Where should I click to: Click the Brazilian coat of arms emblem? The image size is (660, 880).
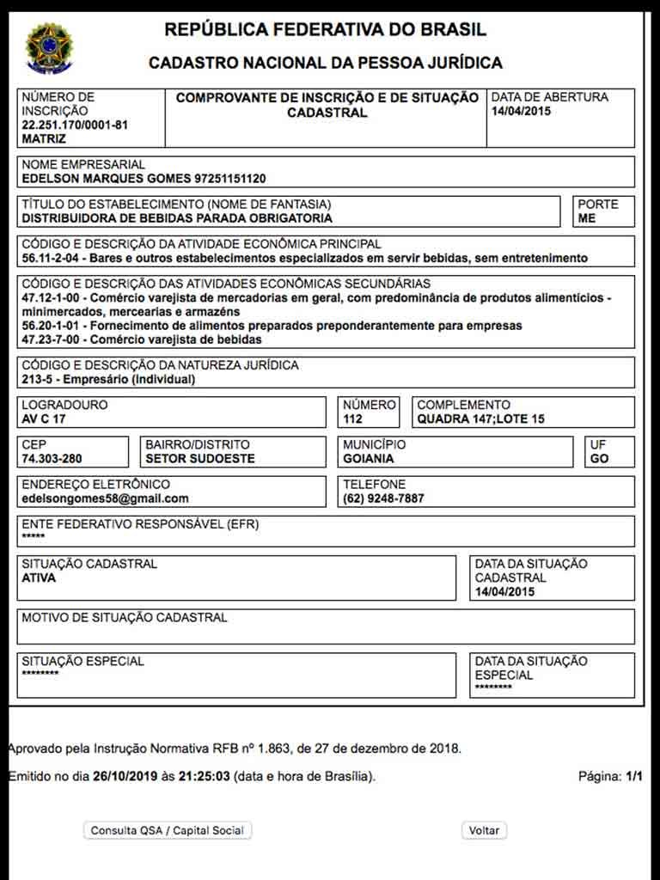[x=49, y=46]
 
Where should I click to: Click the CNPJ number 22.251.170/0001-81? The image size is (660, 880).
[x=75, y=125]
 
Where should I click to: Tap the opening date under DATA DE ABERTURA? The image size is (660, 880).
[x=522, y=111]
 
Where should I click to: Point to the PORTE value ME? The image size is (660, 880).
[x=587, y=218]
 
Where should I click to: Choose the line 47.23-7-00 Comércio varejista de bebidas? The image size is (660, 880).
[x=142, y=339]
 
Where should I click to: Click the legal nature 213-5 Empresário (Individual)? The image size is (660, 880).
[x=108, y=379]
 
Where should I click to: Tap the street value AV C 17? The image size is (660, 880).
[x=44, y=419]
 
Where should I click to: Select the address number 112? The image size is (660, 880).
[x=352, y=419]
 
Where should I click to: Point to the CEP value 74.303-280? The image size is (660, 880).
[x=53, y=459]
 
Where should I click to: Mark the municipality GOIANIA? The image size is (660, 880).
[x=369, y=459]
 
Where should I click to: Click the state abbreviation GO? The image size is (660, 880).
[x=599, y=459]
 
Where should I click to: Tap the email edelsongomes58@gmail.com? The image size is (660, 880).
[x=105, y=498]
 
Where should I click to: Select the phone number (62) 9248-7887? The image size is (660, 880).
[x=383, y=498]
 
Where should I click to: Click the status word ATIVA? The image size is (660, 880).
[x=39, y=578]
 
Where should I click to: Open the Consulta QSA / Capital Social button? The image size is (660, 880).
[x=168, y=831]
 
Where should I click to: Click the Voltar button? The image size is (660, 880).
[x=485, y=831]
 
